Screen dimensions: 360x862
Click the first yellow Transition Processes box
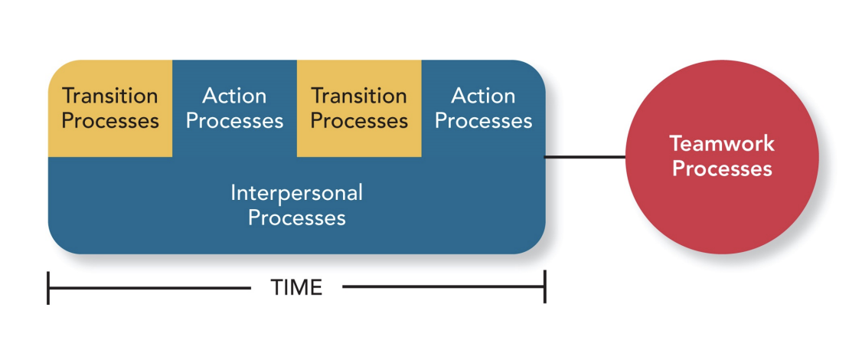(110, 108)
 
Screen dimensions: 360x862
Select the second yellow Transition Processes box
(359, 108)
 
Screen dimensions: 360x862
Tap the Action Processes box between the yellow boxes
(234, 108)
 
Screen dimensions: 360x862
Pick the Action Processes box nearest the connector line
(483, 108)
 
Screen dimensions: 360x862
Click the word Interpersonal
(297, 192)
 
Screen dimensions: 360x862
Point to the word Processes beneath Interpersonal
(297, 218)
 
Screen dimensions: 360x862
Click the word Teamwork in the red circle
(722, 143)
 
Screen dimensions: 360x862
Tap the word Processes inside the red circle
(722, 169)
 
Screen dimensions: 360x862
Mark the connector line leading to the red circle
(586, 157)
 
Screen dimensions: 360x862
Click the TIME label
(296, 287)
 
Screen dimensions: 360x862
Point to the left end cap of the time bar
(48, 287)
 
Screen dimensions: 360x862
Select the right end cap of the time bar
(544, 287)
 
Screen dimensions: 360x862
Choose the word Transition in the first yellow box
(110, 96)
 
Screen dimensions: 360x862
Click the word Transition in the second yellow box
(359, 96)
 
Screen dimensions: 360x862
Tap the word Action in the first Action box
(234, 96)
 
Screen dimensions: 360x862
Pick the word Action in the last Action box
(483, 96)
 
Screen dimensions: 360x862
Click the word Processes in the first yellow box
(110, 121)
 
